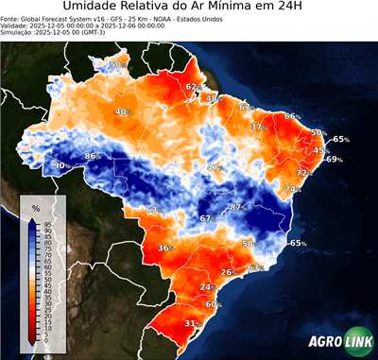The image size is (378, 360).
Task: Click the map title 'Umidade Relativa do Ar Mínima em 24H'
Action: [x=188, y=9]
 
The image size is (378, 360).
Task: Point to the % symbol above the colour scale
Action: [x=35, y=207]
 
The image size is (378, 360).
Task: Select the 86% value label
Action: [x=93, y=156]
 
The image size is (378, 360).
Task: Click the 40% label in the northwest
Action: [x=121, y=112]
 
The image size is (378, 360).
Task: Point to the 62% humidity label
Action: [x=192, y=87]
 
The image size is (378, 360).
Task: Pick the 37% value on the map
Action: [x=257, y=127]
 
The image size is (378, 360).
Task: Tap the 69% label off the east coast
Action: [x=334, y=160]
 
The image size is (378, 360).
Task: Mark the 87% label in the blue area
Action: [x=238, y=206]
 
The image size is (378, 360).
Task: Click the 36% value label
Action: [x=164, y=249]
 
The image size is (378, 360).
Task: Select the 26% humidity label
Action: [x=227, y=272]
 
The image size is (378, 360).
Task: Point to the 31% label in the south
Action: [x=191, y=323]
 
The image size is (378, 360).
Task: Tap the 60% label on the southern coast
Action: [x=213, y=304]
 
